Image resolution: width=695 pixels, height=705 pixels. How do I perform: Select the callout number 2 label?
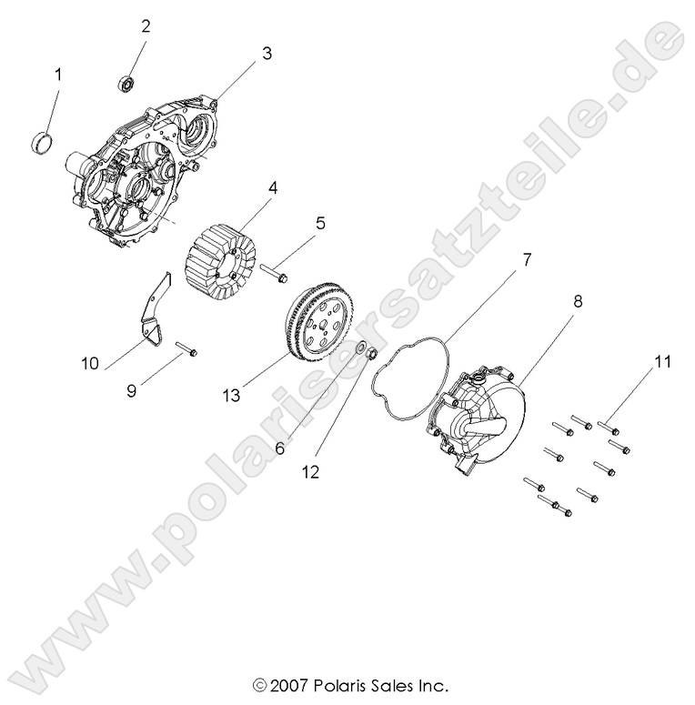click(x=145, y=25)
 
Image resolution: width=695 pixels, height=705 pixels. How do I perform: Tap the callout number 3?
click(x=267, y=53)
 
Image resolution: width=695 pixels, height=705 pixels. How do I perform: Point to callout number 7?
click(x=525, y=259)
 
